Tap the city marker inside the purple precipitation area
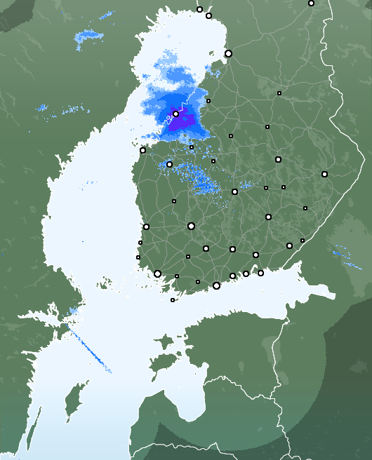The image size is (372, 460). tap(175, 114)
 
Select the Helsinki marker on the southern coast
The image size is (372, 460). tap(216, 285)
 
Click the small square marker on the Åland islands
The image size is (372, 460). tap(173, 300)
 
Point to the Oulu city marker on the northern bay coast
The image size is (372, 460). tap(228, 53)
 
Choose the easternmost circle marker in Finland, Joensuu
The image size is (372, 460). tap(324, 174)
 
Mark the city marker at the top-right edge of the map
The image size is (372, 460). tap(311, 4)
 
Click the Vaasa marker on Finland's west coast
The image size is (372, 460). tap(142, 150)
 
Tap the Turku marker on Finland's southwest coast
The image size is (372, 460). tap(157, 274)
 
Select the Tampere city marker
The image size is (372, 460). tap(191, 226)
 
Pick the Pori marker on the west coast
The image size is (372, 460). tap(146, 226)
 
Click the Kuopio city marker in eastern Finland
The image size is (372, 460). tap(278, 160)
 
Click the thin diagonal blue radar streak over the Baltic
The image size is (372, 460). tap(89, 351)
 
